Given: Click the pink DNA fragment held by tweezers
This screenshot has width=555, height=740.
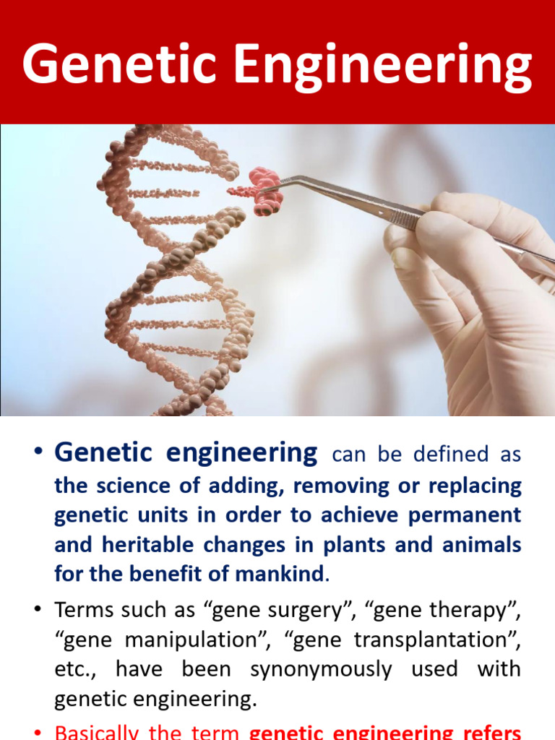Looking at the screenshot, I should (x=260, y=191).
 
